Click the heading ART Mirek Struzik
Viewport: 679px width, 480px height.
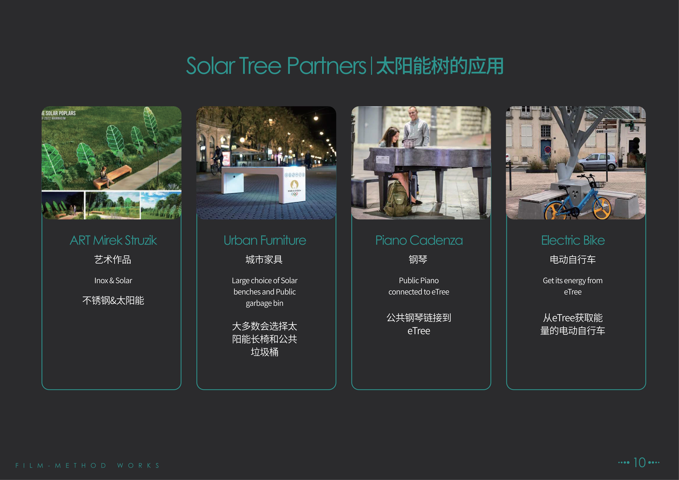click(113, 240)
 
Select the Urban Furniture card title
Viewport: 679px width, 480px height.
click(265, 240)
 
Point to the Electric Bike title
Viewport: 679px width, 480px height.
click(573, 240)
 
